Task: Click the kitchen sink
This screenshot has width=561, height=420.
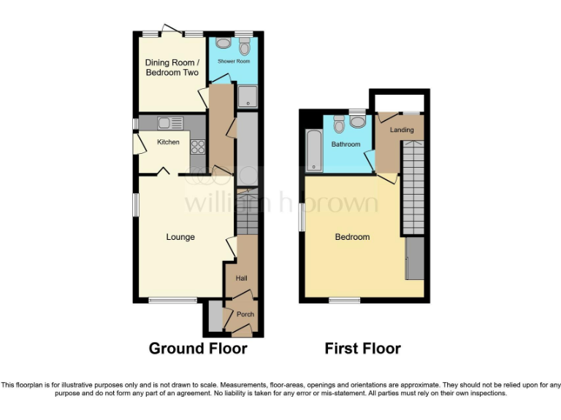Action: click(x=164, y=123)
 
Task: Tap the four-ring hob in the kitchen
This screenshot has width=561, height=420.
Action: click(x=197, y=147)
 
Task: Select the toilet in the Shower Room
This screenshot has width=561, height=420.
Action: click(x=244, y=47)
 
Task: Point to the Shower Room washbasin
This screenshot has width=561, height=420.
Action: click(x=221, y=43)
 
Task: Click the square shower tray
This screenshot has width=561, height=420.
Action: click(x=247, y=96)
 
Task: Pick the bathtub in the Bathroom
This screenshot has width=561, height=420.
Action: click(x=313, y=150)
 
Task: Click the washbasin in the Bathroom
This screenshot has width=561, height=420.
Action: click(x=357, y=121)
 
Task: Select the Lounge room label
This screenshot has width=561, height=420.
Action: click(x=180, y=237)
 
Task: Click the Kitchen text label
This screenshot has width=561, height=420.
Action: click(x=168, y=142)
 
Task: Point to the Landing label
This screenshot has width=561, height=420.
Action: click(x=402, y=130)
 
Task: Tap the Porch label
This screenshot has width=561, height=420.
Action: click(x=245, y=315)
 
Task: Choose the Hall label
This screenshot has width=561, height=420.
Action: click(x=241, y=279)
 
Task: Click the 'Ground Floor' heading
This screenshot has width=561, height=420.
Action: click(x=198, y=349)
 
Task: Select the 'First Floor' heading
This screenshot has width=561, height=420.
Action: click(x=362, y=349)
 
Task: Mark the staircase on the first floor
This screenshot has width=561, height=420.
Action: click(x=413, y=186)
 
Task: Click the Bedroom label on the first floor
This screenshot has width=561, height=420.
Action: click(x=352, y=237)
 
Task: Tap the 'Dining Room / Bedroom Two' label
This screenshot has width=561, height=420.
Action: click(x=172, y=67)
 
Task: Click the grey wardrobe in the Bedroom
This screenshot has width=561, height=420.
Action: click(x=414, y=258)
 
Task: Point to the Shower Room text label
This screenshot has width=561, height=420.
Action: click(x=233, y=61)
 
